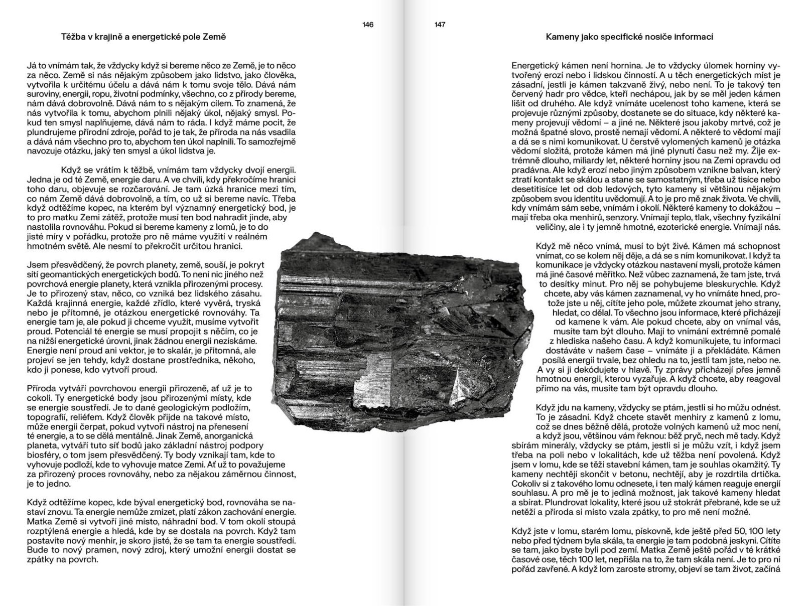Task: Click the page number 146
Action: [x=368, y=25]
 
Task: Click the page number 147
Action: [x=440, y=25]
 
